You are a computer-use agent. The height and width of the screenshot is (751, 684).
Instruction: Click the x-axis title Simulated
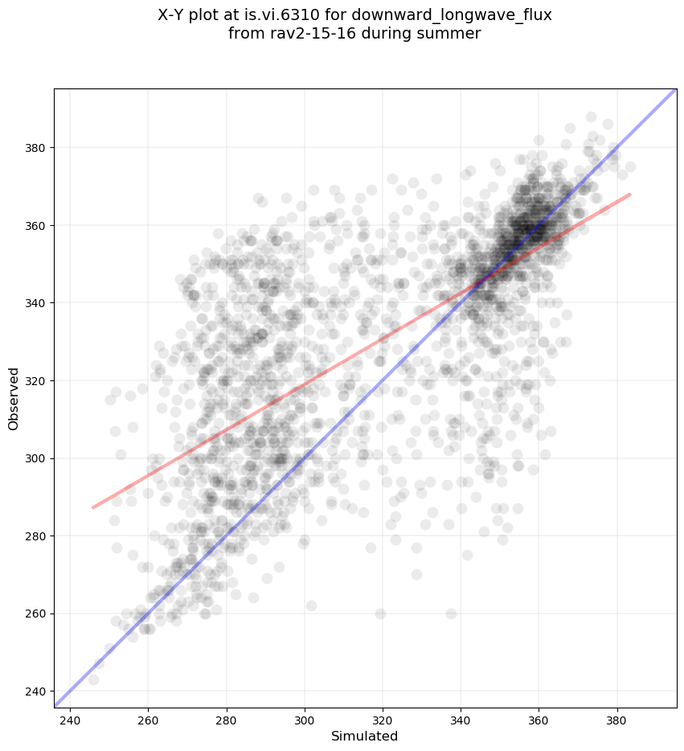coord(365,736)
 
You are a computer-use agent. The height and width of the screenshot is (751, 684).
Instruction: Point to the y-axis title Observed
coord(14,399)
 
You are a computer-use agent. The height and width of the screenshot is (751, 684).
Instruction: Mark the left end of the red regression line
coord(93,507)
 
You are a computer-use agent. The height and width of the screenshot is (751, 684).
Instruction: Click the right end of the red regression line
coord(629,194)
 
